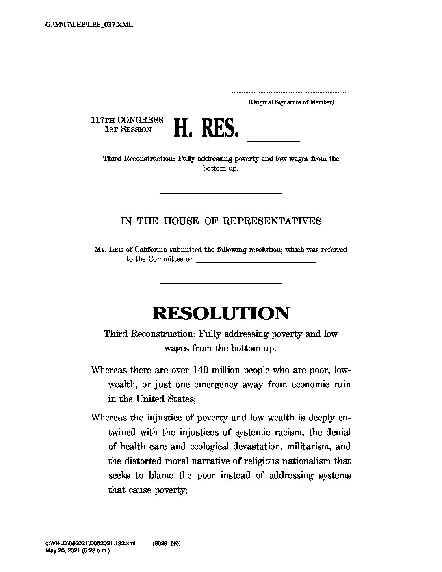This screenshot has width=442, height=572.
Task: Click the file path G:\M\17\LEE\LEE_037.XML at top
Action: pyautogui.click(x=89, y=24)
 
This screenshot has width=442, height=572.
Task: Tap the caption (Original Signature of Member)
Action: pyautogui.click(x=291, y=102)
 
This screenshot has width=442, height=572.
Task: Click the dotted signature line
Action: pyautogui.click(x=289, y=93)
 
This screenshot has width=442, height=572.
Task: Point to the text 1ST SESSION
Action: pyautogui.click(x=128, y=130)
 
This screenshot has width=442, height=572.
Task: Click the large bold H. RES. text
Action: pyautogui.click(x=206, y=129)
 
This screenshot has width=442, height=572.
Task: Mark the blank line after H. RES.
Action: pyautogui.click(x=273, y=140)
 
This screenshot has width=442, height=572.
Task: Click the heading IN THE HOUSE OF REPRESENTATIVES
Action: pyautogui.click(x=221, y=221)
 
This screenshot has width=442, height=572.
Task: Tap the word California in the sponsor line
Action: pyautogui.click(x=148, y=250)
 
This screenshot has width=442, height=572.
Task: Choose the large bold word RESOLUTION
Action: pyautogui.click(x=221, y=313)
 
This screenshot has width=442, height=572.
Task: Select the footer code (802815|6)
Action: pyautogui.click(x=167, y=543)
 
